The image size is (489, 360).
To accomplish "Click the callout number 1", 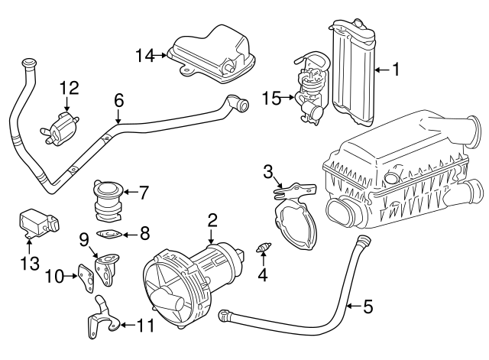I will point(396,70).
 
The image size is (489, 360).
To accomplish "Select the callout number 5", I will point(368,307).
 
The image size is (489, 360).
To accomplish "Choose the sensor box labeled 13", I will point(36,222).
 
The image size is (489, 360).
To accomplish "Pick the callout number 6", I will point(118,101).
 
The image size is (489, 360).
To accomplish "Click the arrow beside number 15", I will point(286,97).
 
